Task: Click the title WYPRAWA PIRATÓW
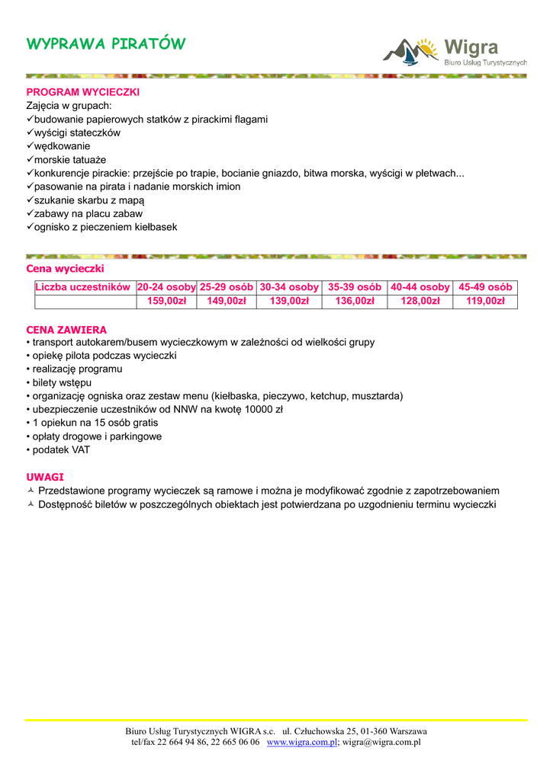point(105,43)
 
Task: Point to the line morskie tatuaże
point(69,160)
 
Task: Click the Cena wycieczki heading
point(65,269)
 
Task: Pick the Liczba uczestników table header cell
point(84,287)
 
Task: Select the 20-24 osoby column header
point(166,287)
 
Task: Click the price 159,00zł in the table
point(166,302)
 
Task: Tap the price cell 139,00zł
point(289,302)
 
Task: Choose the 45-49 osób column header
point(485,287)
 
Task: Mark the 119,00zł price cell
point(485,302)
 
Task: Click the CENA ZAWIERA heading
point(66,330)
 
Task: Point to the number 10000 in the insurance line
point(260,410)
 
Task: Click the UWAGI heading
point(45,477)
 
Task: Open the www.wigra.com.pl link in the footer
point(302,742)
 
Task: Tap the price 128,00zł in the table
point(420,302)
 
